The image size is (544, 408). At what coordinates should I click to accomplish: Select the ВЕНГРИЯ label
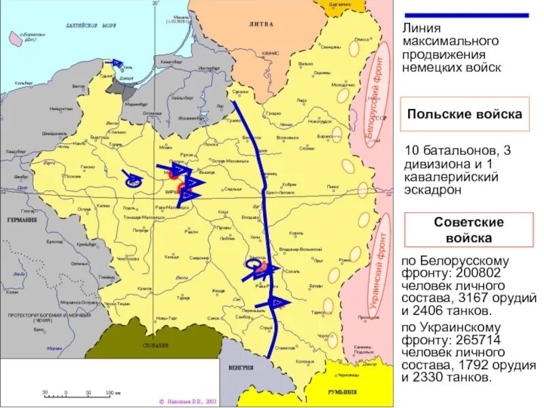pos(241,368)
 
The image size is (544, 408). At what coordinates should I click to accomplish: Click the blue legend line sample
pos(466,15)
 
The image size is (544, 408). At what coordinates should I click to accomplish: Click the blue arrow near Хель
pos(118,63)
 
